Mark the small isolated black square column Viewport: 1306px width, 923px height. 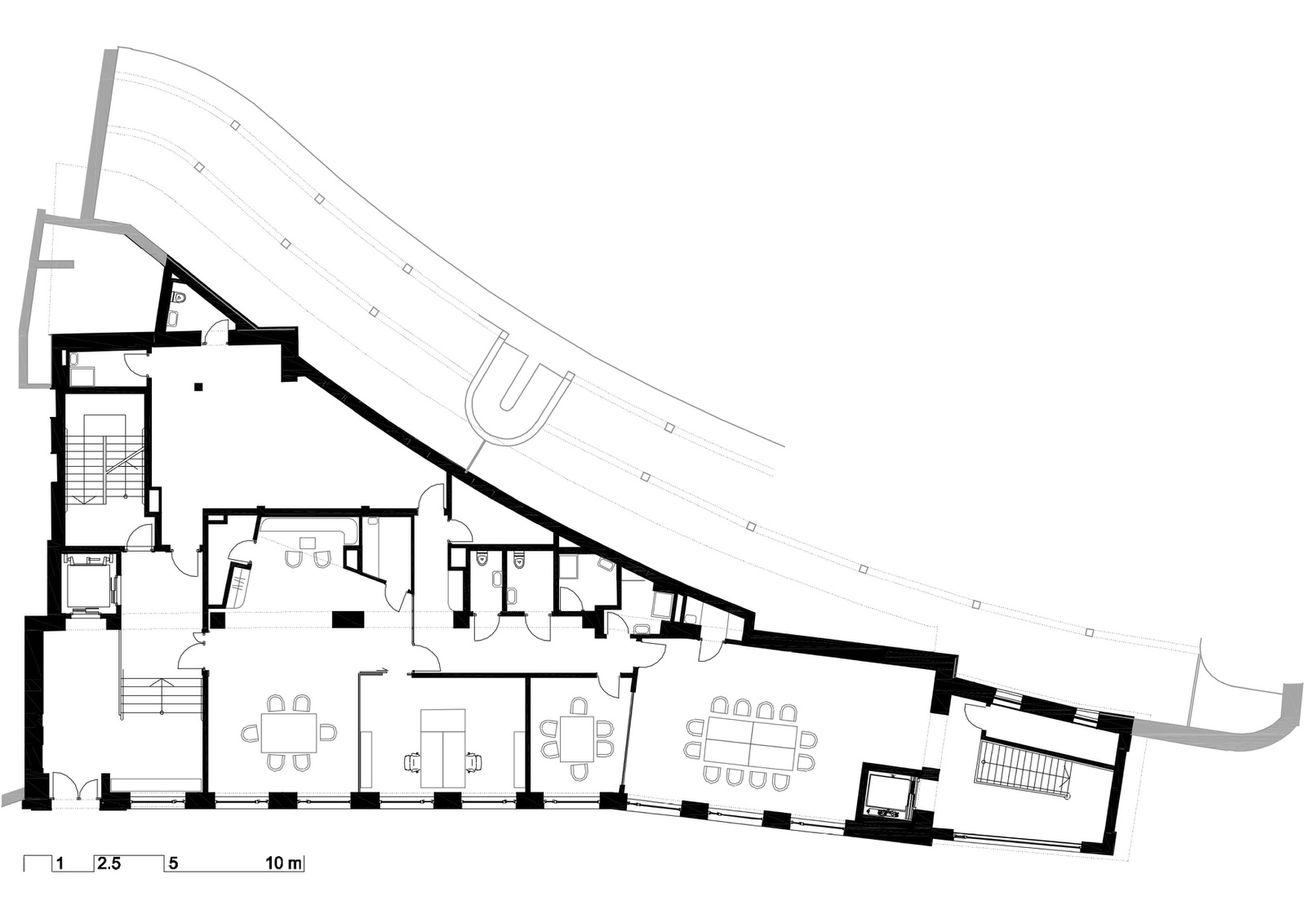point(199,385)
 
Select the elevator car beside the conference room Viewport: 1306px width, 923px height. point(887,796)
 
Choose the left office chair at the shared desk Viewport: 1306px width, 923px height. point(413,761)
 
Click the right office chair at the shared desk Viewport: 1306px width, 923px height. point(474,761)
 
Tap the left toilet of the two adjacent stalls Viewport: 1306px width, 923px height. point(482,559)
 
